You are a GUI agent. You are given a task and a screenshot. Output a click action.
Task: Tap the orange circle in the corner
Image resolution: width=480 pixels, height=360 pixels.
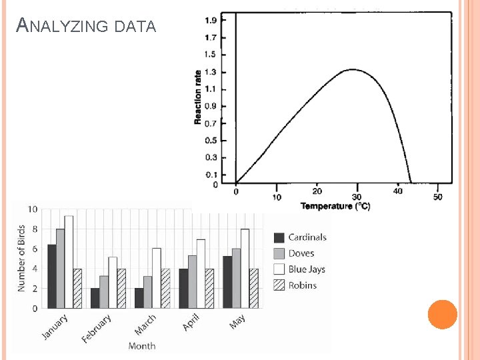click(442, 315)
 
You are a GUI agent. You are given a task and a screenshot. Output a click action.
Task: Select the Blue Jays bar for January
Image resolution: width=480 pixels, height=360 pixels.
click(69, 262)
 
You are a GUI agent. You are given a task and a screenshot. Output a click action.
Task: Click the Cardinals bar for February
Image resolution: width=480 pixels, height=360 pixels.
click(95, 298)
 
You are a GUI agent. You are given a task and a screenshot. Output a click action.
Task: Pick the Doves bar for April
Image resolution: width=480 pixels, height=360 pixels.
click(192, 281)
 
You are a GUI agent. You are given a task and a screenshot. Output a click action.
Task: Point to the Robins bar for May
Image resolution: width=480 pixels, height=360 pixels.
click(253, 288)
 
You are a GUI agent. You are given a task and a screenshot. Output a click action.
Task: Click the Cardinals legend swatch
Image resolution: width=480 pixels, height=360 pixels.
click(279, 237)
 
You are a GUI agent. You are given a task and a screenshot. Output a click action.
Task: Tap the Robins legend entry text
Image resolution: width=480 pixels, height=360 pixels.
click(302, 285)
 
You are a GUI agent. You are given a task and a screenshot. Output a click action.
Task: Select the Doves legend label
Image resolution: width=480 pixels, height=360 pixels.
click(301, 253)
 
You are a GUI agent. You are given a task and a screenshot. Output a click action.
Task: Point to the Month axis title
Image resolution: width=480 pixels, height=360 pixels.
click(141, 346)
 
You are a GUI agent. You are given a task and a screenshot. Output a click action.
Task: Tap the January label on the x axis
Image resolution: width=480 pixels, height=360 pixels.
click(55, 327)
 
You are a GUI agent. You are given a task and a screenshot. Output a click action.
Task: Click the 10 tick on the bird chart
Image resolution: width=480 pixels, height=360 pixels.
click(32, 209)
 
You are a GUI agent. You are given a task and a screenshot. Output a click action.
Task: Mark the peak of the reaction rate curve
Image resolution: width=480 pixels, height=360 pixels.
click(353, 69)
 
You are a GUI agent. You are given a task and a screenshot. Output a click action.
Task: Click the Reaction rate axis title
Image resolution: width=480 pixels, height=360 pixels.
click(198, 97)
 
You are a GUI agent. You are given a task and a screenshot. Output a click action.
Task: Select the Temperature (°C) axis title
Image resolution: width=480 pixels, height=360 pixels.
click(335, 206)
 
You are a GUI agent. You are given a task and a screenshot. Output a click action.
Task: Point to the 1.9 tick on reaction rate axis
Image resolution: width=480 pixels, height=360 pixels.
click(210, 21)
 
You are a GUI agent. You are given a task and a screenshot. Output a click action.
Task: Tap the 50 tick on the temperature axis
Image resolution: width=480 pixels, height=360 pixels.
click(437, 197)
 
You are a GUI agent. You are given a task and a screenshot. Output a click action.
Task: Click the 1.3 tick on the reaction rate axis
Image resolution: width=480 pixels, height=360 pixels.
click(210, 72)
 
